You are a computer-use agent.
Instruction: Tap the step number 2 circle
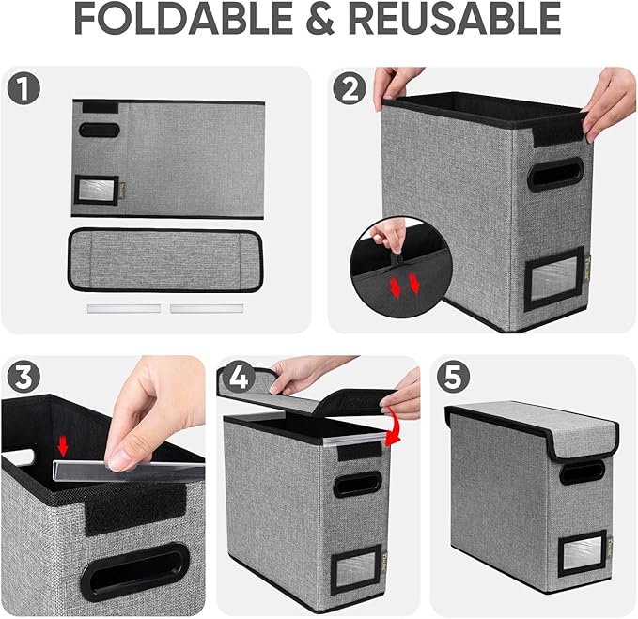[x=351, y=91]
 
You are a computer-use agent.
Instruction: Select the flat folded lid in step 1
[x=163, y=257]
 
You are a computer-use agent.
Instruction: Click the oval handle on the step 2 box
[x=554, y=173]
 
